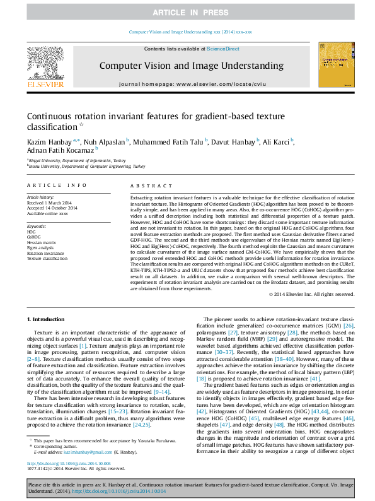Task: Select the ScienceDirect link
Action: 222,49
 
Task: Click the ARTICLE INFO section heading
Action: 57,186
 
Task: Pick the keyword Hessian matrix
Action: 42,241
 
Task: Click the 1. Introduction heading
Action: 49,321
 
